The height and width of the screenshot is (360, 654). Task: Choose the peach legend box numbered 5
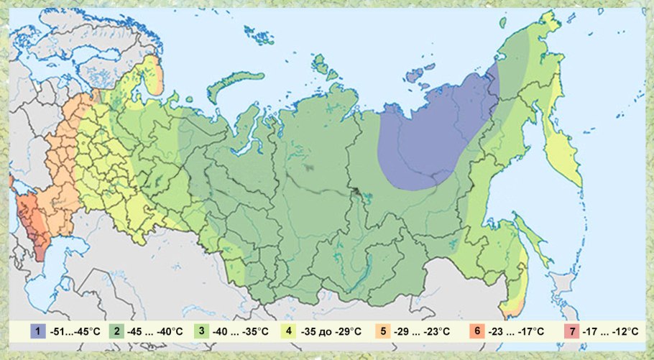(x=384, y=331)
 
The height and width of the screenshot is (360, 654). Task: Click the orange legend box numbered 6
(x=476, y=331)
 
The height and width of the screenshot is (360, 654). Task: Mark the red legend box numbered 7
(x=572, y=331)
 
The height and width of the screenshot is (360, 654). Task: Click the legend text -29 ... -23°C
(x=424, y=331)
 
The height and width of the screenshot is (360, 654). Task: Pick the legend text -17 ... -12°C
(x=611, y=331)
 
